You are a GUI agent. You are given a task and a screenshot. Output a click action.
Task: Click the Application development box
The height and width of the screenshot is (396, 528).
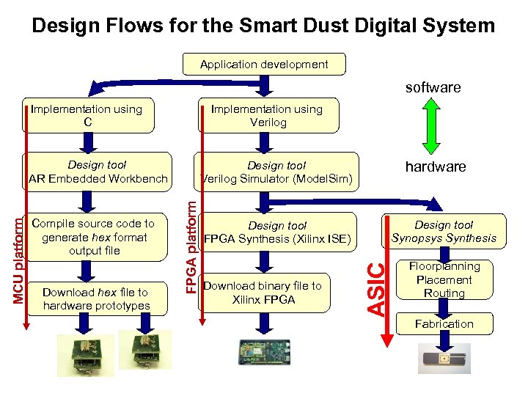pyautogui.click(x=264, y=65)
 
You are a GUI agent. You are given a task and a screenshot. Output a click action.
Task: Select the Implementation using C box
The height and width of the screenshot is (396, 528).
pyautogui.click(x=87, y=116)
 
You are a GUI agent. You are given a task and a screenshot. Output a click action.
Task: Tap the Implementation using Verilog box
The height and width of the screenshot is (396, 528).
pyautogui.click(x=267, y=116)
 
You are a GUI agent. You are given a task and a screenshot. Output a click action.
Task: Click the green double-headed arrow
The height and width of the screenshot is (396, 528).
pyautogui.click(x=433, y=126)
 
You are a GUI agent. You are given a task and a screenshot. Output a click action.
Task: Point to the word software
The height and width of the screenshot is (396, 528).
pyautogui.click(x=433, y=87)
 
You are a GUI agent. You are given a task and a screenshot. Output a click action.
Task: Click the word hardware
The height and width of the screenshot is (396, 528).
pyautogui.click(x=435, y=166)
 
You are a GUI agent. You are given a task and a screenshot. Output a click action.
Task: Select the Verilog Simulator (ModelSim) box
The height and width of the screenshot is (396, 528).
pyautogui.click(x=276, y=172)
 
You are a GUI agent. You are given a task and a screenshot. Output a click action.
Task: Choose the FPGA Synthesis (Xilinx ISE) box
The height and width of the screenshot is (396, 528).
pyautogui.click(x=277, y=232)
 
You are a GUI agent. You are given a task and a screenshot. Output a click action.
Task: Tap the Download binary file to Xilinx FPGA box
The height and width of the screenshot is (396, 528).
pyautogui.click(x=263, y=293)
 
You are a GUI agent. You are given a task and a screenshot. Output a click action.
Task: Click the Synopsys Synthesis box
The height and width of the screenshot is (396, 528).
pyautogui.click(x=444, y=231)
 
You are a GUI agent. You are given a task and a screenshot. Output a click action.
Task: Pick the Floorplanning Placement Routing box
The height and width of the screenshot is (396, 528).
pyautogui.click(x=444, y=279)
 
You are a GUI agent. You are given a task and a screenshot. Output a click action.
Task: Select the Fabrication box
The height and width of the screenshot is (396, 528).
pyautogui.click(x=444, y=323)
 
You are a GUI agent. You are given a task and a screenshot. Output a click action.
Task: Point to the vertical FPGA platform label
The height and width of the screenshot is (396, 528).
pyautogui.click(x=190, y=240)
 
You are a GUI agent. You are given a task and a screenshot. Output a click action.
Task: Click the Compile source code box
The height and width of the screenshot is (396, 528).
pyautogui.click(x=98, y=237)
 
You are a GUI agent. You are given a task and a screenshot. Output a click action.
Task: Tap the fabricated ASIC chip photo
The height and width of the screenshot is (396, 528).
pyautogui.click(x=445, y=359)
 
